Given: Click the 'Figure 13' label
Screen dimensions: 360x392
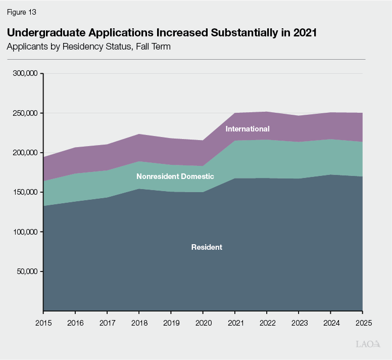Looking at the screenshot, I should tap(21, 12).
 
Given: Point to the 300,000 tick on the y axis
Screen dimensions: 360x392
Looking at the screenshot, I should tap(24, 74).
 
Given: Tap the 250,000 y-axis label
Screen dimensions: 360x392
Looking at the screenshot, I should tap(24, 113).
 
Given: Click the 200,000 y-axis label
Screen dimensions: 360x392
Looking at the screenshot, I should tap(24, 153).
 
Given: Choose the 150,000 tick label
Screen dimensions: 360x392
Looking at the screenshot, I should tap(24, 193).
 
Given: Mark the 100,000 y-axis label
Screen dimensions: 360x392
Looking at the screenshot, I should tap(24, 232).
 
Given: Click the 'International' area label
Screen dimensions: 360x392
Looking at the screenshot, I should tap(248, 129).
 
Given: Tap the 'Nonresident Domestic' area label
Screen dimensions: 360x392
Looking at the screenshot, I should tap(175, 176).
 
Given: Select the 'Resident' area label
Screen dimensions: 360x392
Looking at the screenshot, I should tap(207, 247).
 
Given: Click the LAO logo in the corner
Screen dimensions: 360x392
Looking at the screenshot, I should tap(367, 344).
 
